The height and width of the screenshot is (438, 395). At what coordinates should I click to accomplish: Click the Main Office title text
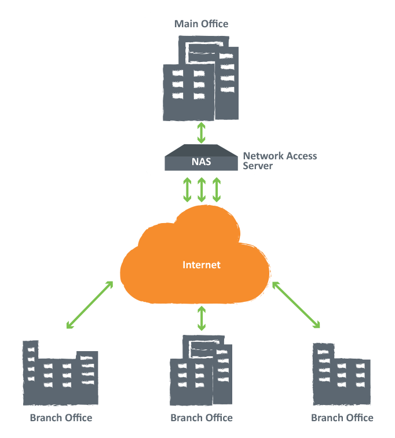coord(202,24)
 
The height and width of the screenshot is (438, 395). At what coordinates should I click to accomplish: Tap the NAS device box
coord(201,158)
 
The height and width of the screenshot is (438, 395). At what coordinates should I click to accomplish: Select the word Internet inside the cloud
coord(202,265)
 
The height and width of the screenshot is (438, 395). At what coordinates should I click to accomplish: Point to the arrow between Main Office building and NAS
coord(202,132)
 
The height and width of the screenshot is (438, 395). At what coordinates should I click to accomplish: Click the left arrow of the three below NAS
coord(187,190)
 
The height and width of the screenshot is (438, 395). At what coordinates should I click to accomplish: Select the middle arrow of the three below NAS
coord(202,190)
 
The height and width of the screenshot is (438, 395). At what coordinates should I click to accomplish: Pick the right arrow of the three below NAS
coord(217,190)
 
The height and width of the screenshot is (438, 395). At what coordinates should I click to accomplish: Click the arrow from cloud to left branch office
coord(89,305)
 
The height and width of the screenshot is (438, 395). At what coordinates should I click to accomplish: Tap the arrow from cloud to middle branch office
coord(202,318)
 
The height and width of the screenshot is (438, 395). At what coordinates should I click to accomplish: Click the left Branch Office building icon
coord(60,373)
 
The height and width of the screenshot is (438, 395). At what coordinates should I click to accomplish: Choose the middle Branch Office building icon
coord(201,371)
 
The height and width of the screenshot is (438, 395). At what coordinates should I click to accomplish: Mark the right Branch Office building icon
coord(341,374)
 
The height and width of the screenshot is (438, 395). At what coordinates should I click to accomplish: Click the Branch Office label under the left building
coord(61,418)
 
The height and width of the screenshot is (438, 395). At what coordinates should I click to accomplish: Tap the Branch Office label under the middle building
coord(202,418)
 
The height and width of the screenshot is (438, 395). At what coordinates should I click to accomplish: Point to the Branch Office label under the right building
coord(342,418)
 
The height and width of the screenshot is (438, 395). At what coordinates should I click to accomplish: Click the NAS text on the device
coord(201,162)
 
